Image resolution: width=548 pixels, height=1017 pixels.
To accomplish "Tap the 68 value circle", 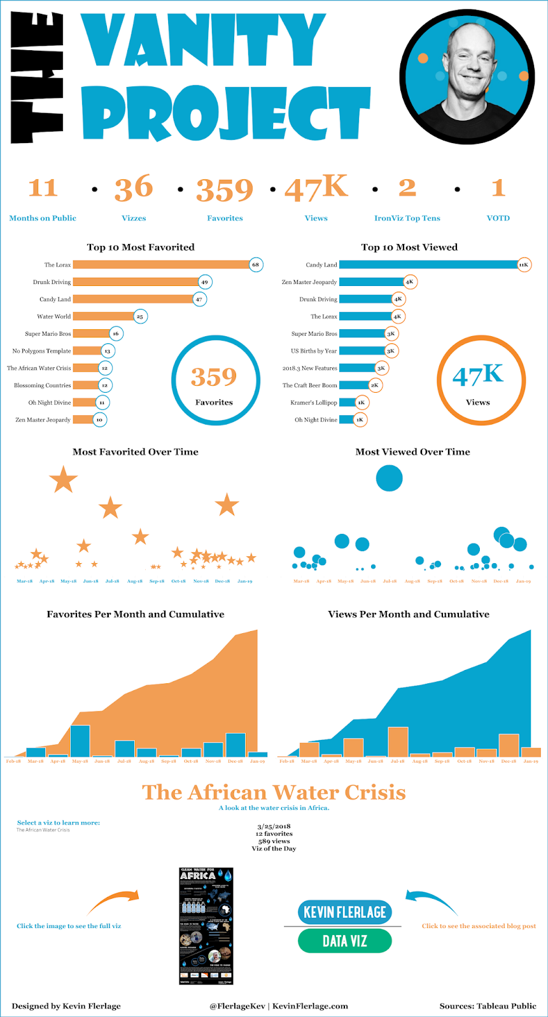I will [x=256, y=264].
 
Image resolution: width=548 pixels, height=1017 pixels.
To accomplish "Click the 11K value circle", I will [x=523, y=264].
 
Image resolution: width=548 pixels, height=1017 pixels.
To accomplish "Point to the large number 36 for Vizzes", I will [x=134, y=188].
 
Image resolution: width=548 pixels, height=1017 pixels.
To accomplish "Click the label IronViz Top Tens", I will [x=407, y=218].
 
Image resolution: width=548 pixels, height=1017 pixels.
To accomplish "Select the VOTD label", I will [x=498, y=218].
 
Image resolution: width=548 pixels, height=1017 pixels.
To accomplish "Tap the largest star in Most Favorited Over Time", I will [x=63, y=480].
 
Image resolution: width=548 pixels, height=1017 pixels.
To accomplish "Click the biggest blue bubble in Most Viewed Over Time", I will [x=389, y=478].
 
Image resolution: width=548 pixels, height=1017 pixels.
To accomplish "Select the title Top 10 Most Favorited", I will [x=141, y=247].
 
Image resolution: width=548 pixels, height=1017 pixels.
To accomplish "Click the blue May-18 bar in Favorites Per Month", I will [x=80, y=741].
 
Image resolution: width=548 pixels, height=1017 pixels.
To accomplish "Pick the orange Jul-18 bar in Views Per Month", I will [x=398, y=742].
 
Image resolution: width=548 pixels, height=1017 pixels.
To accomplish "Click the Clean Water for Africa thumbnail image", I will [x=206, y=926].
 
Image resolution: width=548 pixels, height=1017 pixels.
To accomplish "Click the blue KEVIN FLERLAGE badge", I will [x=344, y=912].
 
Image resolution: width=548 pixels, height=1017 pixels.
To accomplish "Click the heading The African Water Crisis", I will [x=274, y=793].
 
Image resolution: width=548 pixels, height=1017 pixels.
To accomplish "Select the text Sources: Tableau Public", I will [x=488, y=1006].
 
